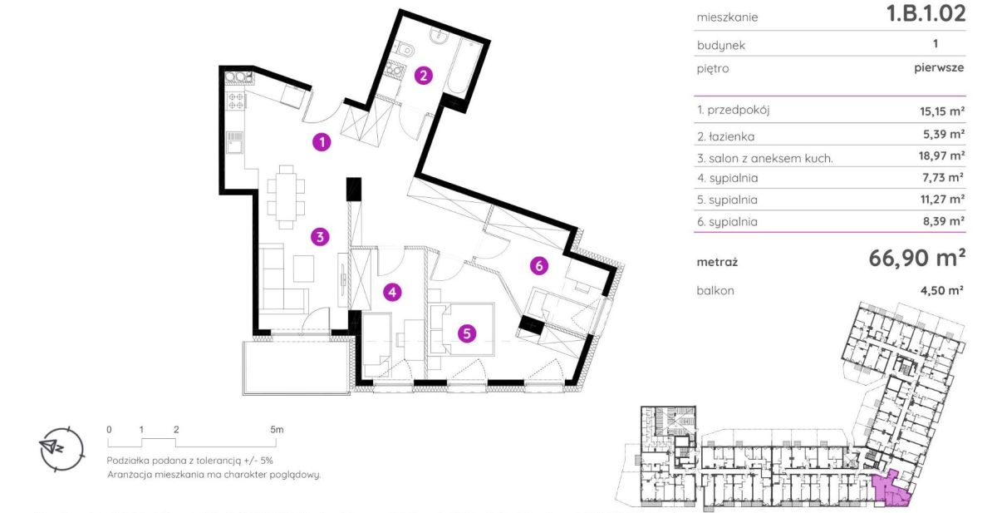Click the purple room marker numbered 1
coord(322,142)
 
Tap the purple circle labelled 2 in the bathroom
coord(423,76)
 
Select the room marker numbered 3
coord(320,237)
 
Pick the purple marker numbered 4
coord(392,292)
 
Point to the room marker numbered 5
coord(467,333)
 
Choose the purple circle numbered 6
coord(539,266)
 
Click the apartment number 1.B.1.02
coord(926,13)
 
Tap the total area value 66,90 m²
coord(917,258)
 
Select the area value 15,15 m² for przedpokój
coord(942,111)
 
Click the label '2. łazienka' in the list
coord(725,136)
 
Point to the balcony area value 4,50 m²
coord(942,290)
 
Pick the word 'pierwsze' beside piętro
coord(939,67)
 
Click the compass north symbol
coord(61,449)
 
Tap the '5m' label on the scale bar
coord(277,430)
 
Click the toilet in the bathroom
coord(405,50)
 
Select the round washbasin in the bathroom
coord(440,35)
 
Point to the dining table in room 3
coord(286,197)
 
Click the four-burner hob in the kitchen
coord(235,101)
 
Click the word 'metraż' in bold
coord(717,262)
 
